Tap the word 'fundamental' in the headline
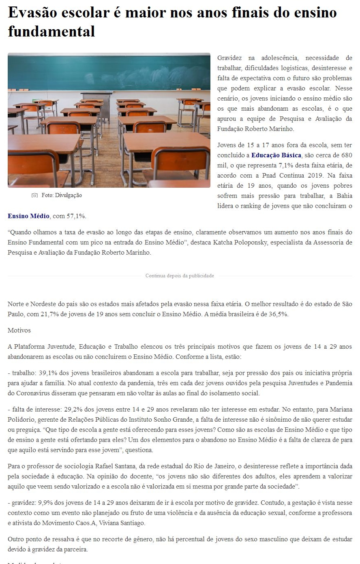pyautogui.click(x=51, y=31)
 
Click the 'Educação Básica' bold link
pyautogui.click(x=276, y=155)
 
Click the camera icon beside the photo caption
pyautogui.click(x=34, y=195)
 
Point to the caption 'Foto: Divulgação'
pyautogui.click(x=62, y=195)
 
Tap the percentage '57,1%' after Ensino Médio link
pyautogui.click(x=76, y=216)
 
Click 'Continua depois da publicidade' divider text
pyautogui.click(x=180, y=276)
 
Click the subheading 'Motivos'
pyautogui.click(x=19, y=330)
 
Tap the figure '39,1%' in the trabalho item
pyautogui.click(x=45, y=373)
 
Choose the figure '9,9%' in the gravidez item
pyautogui.click(x=46, y=503)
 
